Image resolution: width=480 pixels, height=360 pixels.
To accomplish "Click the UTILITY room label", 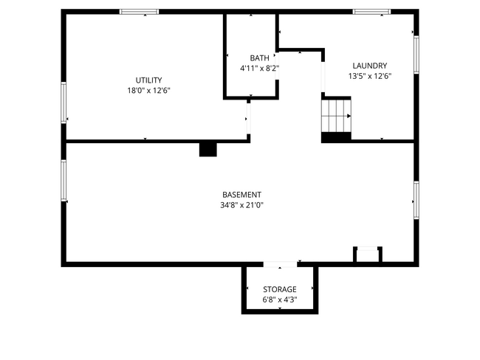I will coord(148,80).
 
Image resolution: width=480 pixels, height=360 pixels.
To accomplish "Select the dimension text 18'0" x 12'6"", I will coord(148,90).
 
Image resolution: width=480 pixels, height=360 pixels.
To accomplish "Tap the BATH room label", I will coord(259,58).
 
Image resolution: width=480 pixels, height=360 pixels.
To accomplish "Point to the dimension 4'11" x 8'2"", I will coord(259,68).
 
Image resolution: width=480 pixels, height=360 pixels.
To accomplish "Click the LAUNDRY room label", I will coord(369,65).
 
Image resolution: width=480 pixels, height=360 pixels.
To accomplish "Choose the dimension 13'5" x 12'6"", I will coord(369,75).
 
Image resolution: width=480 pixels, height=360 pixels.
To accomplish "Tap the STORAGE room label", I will coord(279,289).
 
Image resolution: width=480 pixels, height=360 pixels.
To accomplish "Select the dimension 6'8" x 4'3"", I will coord(279,300).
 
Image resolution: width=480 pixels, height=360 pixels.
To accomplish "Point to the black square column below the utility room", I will coord(208,149).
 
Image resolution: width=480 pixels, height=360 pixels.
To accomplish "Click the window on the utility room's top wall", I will coord(139,12).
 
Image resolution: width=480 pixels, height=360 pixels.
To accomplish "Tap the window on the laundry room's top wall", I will coord(371,12).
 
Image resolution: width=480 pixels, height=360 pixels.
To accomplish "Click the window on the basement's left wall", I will coord(64,181).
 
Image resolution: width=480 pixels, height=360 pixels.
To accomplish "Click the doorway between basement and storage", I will coord(281,264).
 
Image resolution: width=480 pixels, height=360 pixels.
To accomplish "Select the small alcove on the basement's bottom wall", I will coord(367,255).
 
